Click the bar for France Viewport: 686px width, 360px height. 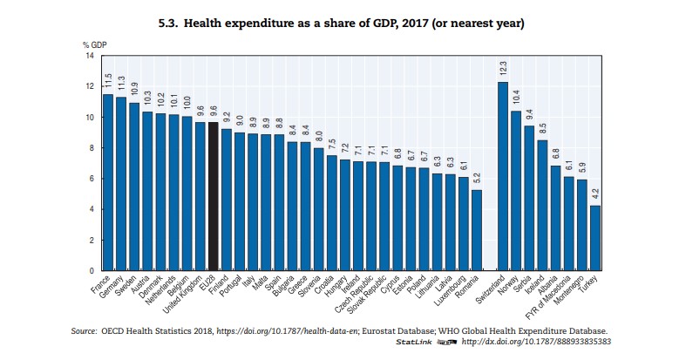pos(107,182)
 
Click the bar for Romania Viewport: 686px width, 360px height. pos(476,230)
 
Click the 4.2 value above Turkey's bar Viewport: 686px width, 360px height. pos(594,195)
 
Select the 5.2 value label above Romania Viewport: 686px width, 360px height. pos(476,180)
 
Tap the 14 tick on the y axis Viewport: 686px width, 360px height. pos(89,56)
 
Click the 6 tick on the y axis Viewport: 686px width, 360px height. pos(91,179)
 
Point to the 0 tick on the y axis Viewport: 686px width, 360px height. pos(91,271)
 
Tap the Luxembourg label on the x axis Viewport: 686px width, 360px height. pos(450,292)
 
